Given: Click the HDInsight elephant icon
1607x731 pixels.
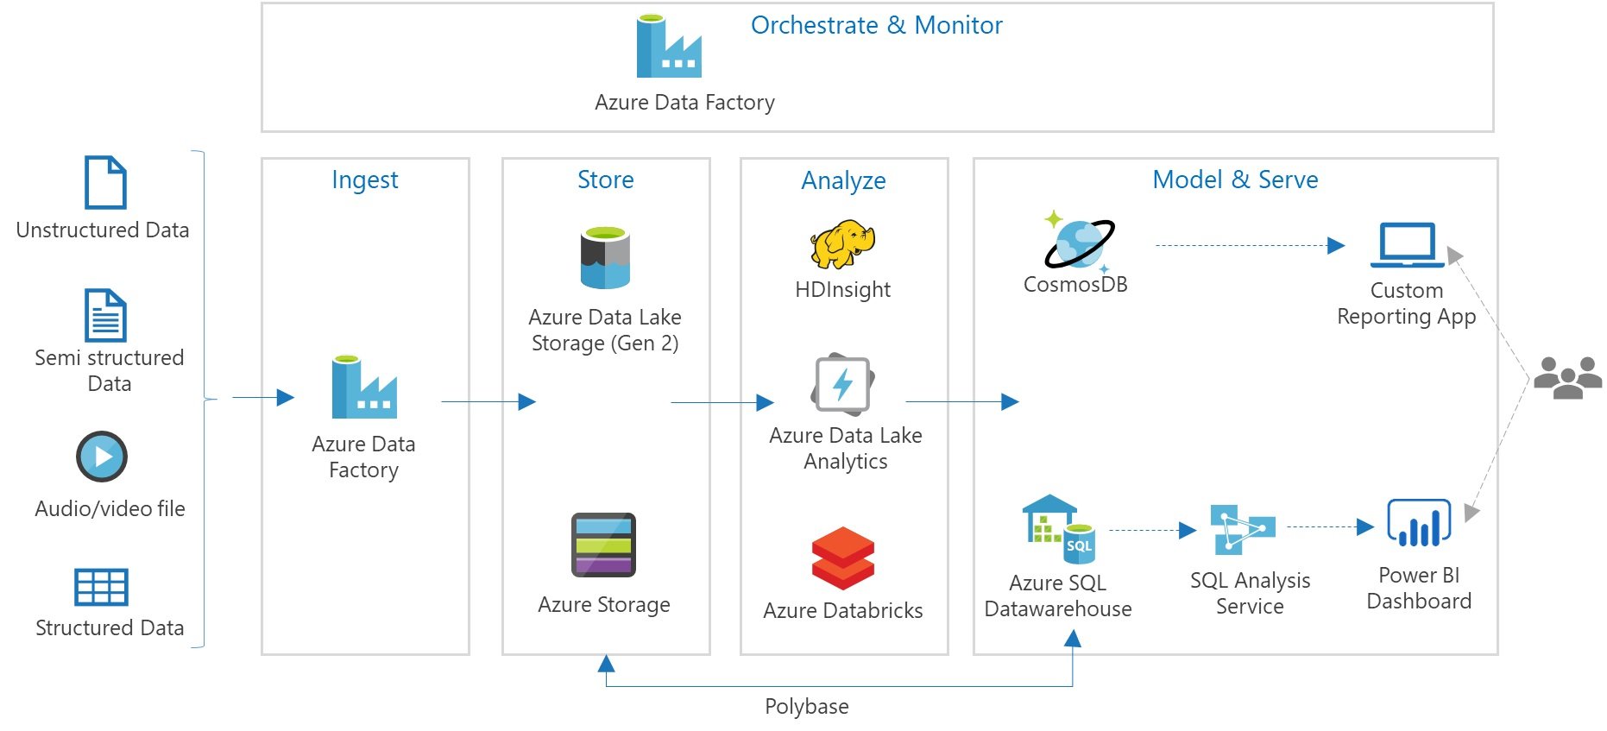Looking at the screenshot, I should [x=842, y=244].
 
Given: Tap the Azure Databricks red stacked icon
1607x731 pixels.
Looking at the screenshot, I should [x=843, y=558].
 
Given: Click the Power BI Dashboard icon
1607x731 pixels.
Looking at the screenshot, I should [x=1418, y=523].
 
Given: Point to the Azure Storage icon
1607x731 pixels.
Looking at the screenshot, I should [x=603, y=545].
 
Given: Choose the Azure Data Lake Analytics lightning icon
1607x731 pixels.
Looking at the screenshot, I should [x=843, y=384].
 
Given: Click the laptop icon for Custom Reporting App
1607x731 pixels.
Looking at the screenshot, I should [x=1407, y=245].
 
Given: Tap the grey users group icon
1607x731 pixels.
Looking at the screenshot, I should [x=1567, y=378].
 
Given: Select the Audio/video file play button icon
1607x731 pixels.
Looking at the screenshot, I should [x=102, y=457].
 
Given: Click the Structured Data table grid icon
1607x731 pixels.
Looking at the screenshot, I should [x=101, y=587].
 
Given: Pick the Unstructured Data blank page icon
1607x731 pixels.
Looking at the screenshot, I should [x=105, y=182].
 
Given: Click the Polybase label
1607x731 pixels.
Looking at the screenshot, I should [x=806, y=707].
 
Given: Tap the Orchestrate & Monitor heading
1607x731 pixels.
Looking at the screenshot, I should [x=876, y=26].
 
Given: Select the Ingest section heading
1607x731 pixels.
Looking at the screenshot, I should [x=364, y=180].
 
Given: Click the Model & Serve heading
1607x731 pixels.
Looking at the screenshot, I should [x=1234, y=180].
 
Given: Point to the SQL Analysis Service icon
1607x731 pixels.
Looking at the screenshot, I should [x=1242, y=529].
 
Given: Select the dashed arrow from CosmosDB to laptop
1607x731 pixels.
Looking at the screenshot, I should [x=1248, y=246].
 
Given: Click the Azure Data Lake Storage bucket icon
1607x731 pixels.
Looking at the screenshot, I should [x=605, y=257].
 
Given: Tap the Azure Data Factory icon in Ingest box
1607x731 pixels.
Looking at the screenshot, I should [x=363, y=388].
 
